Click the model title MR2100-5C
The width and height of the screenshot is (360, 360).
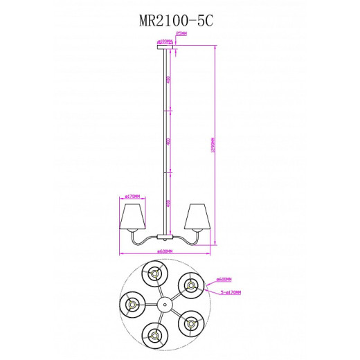coord(179,21)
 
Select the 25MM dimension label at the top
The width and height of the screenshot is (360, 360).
coord(182,33)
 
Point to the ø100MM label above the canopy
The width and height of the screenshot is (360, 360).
coord(164,41)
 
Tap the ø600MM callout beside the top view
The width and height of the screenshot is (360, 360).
coord(223,280)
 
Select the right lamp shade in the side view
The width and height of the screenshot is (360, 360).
coord(199,217)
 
